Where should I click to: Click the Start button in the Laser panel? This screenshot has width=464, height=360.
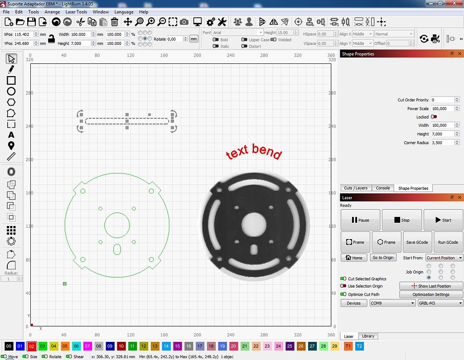coord(444,220)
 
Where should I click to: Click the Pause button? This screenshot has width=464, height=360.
coord(360,220)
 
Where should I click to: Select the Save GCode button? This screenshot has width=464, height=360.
coord(416,242)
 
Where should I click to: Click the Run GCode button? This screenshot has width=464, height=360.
coord(448,242)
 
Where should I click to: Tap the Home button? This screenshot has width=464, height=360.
coord(354,258)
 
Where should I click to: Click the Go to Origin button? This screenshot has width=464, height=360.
coord(382,258)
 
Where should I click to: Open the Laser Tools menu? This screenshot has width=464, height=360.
coord(76,12)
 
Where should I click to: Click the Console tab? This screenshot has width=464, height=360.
coord(383,188)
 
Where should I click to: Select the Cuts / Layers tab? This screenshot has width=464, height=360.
coord(356,188)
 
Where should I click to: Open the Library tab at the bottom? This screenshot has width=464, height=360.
coord(368,336)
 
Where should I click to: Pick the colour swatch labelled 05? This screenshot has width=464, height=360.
coord(65,346)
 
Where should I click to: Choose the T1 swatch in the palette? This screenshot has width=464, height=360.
coord(348,346)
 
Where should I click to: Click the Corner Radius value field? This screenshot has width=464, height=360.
coord(441,143)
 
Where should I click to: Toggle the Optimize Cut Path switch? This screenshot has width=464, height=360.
coord(343,294)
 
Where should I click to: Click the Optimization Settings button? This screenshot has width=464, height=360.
coord(430,294)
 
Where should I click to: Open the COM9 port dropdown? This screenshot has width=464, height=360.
coord(392,303)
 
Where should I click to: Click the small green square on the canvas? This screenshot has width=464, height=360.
coord(65,284)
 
